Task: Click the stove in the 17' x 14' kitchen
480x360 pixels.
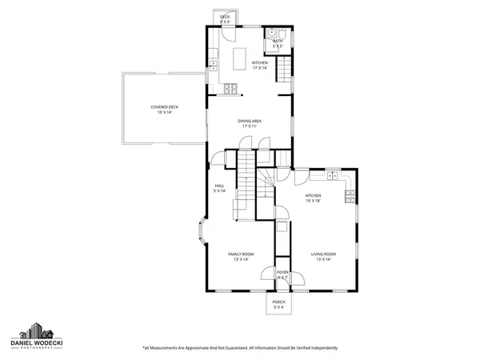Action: click(x=230, y=90)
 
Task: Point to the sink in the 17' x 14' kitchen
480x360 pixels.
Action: click(x=213, y=64)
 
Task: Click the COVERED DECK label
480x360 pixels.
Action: click(x=163, y=106)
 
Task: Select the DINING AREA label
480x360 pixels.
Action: click(x=250, y=121)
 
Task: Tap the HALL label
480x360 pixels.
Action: click(x=218, y=186)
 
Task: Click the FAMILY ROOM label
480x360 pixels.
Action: click(x=242, y=254)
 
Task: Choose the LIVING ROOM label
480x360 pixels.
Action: click(x=323, y=254)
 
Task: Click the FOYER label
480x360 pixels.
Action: click(x=282, y=272)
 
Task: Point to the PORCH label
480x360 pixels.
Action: click(x=278, y=302)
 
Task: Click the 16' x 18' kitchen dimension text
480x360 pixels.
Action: click(x=313, y=202)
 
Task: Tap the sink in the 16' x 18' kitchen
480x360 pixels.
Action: click(x=330, y=174)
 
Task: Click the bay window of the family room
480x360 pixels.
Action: click(x=202, y=235)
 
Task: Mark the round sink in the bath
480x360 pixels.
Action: click(x=272, y=33)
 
